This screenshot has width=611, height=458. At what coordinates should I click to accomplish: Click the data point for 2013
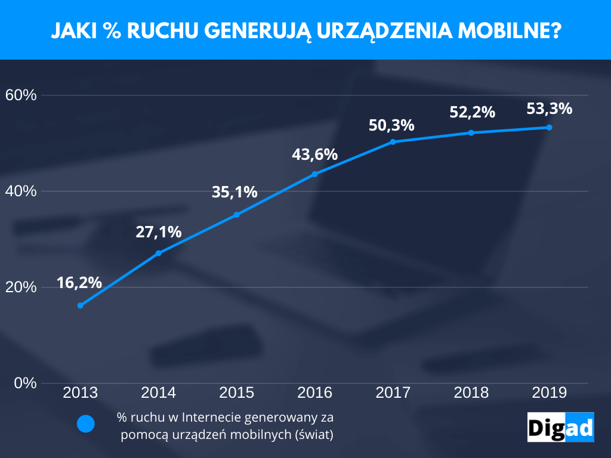point(80,305)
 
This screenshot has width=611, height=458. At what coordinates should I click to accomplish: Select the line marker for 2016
point(315,174)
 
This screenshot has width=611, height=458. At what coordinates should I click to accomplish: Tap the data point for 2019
point(550,128)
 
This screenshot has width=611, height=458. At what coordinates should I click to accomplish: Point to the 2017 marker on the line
point(393,142)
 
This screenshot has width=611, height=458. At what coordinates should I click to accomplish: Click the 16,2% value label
point(79,283)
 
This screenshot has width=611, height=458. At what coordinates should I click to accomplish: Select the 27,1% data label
point(158,232)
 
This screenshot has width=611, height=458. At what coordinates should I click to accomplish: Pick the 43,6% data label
point(314,154)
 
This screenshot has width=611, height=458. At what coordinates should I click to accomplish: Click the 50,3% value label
point(391,126)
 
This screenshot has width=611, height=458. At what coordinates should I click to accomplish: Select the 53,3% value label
point(550,109)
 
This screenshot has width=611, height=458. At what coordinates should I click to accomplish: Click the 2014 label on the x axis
point(158,393)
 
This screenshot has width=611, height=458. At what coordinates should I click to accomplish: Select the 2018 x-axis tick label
point(471,393)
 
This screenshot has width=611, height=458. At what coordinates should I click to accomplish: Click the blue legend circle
point(86,424)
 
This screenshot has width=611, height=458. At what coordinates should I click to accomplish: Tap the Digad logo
point(560,427)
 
